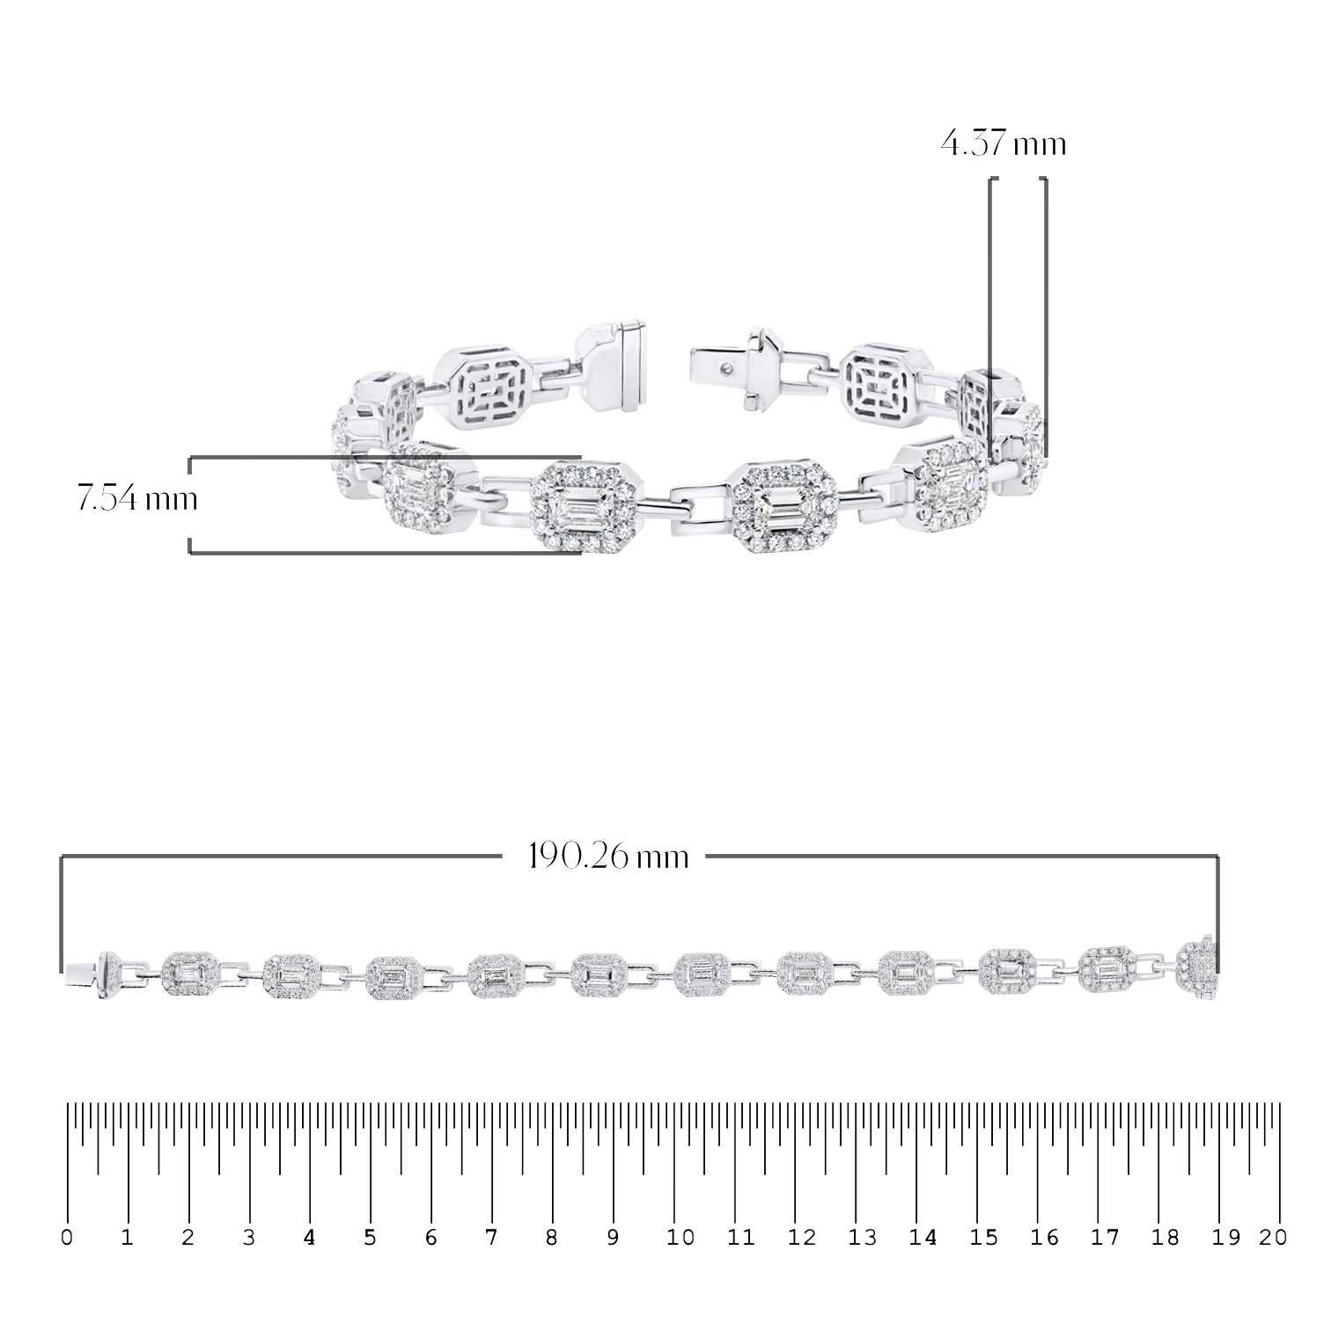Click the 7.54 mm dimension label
coord(136,500)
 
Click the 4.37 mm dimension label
coord(1003,143)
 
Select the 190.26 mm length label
coord(608,856)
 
